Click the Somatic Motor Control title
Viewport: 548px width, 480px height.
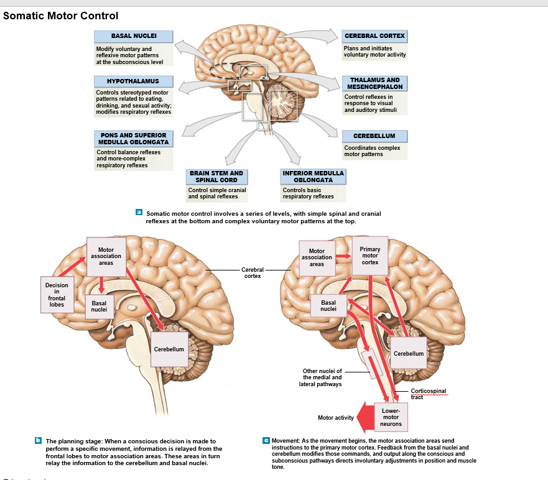pos(60,16)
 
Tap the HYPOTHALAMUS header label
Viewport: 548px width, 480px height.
pos(132,81)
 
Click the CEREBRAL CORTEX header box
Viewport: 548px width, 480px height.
pos(374,35)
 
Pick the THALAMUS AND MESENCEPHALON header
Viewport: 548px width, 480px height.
pos(374,83)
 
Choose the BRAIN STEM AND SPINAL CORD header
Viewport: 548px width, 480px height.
pos(216,177)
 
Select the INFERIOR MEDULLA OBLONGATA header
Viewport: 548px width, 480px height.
pos(313,177)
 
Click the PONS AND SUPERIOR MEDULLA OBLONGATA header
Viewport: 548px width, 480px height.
pos(132,138)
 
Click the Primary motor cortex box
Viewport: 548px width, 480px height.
pos(369,256)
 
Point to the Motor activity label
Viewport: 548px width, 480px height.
pos(336,418)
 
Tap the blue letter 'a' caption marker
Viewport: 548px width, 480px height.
pos(139,213)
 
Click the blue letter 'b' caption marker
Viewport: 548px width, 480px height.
pos(39,440)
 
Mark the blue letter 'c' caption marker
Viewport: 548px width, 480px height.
pos(266,440)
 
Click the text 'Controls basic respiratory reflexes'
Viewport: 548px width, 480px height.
pos(308,193)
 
